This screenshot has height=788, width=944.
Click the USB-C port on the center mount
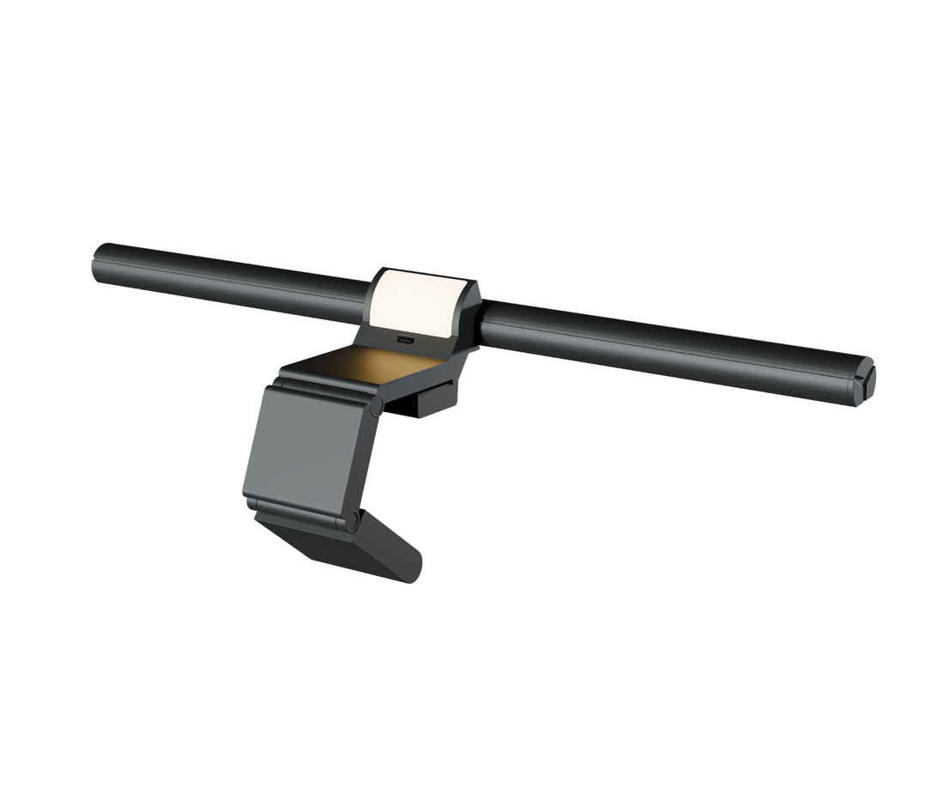click(x=405, y=340)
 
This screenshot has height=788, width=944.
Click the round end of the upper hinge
click(x=376, y=407)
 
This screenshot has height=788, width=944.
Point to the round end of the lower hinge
click(x=350, y=520)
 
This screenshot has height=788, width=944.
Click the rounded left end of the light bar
click(x=100, y=263)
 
